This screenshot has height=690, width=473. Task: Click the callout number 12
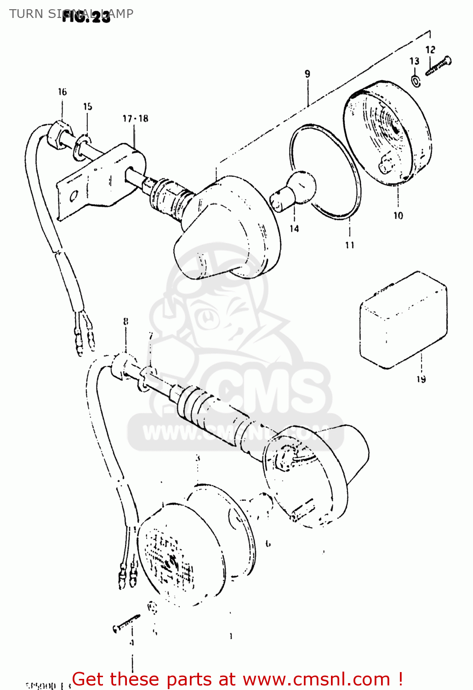click(430, 50)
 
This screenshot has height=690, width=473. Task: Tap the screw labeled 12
click(439, 66)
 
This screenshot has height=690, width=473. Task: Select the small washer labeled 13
click(415, 81)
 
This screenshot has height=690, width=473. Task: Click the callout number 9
click(307, 74)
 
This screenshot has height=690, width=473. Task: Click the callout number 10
click(398, 215)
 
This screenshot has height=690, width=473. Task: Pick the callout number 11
click(350, 245)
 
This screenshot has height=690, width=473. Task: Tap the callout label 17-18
click(135, 119)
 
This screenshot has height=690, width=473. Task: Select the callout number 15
click(87, 107)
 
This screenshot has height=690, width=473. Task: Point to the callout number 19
click(421, 379)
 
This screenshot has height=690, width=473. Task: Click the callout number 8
click(125, 322)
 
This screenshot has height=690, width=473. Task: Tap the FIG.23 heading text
click(86, 17)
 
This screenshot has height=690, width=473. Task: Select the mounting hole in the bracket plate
click(74, 197)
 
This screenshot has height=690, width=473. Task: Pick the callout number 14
click(294, 228)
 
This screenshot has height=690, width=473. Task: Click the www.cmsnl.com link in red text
click(316, 679)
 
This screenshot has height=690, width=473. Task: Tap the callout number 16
click(62, 92)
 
